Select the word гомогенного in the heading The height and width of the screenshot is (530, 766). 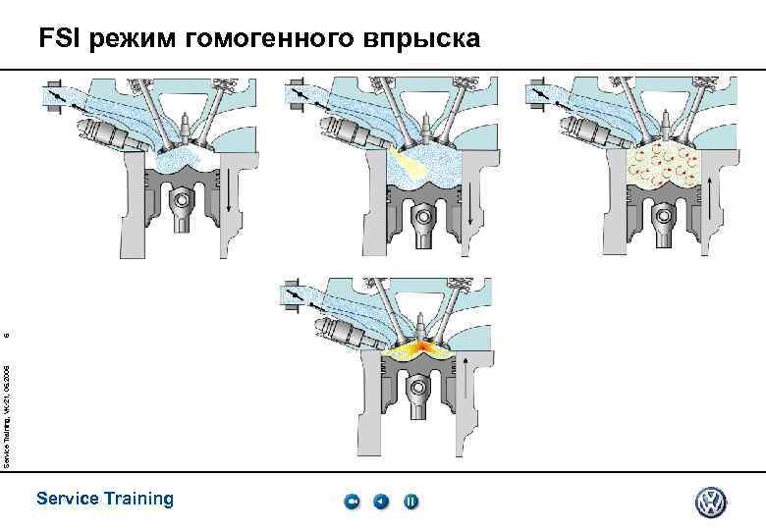click(x=279, y=39)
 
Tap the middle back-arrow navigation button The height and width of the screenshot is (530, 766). click(x=381, y=503)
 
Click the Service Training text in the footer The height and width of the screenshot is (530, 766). click(x=104, y=499)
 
